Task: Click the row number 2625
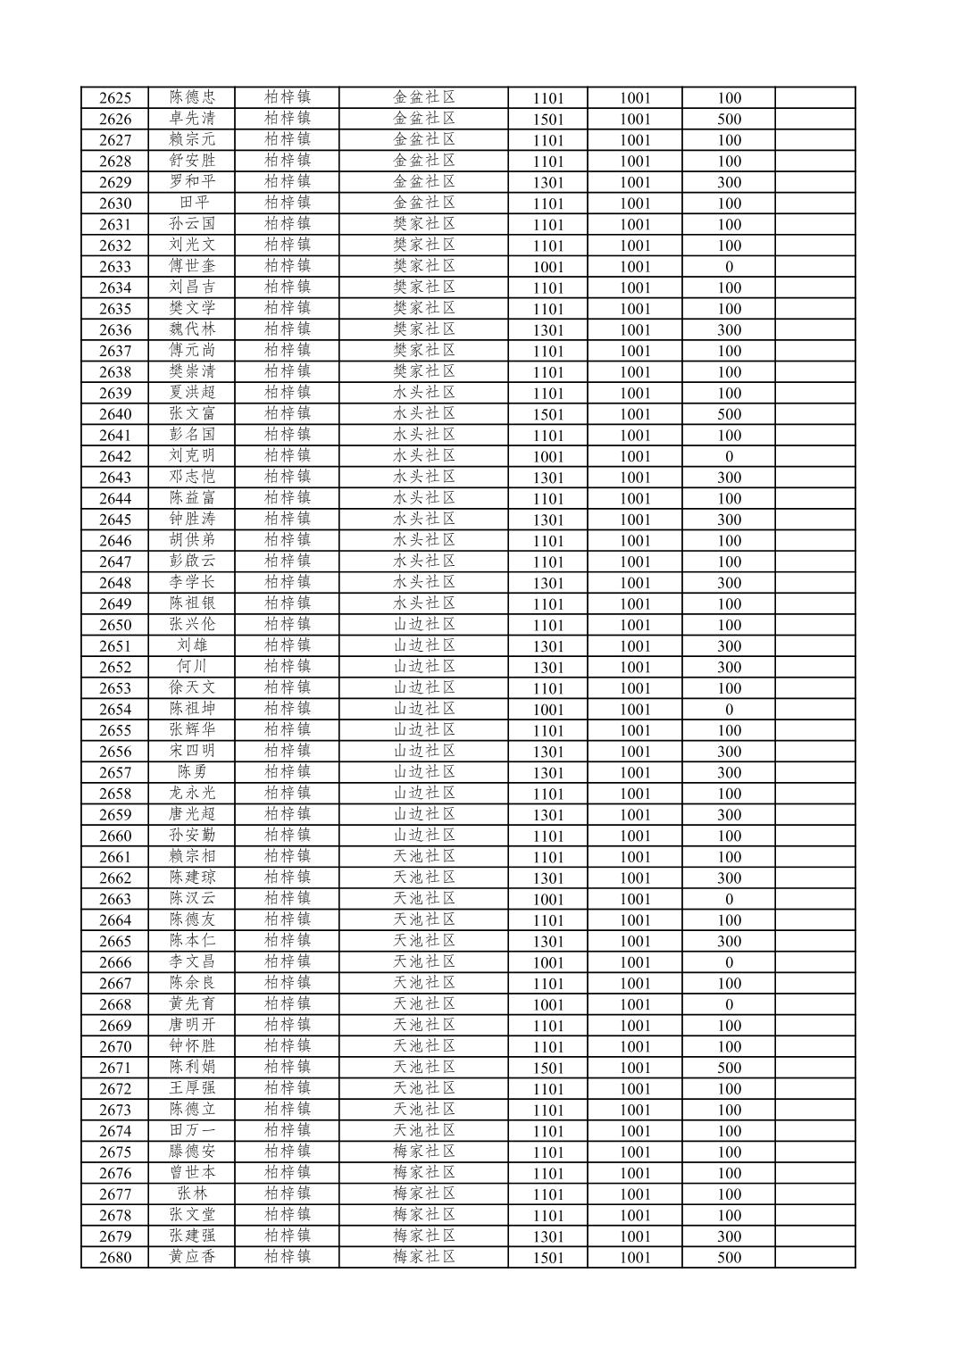115,98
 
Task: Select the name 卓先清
192,119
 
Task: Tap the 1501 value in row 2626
548,120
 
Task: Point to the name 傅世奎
192,266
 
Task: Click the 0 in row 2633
729,267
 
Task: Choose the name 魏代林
192,329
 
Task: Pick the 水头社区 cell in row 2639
424,393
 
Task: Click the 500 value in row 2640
729,414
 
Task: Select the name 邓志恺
192,477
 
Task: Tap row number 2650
115,625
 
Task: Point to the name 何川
192,667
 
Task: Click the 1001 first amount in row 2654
548,710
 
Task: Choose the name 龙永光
192,794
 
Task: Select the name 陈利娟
192,1068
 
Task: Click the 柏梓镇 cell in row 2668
288,1004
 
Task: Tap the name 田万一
192,1131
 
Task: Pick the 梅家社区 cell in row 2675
424,1152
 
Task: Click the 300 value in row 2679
729,1236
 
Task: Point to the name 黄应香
192,1257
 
